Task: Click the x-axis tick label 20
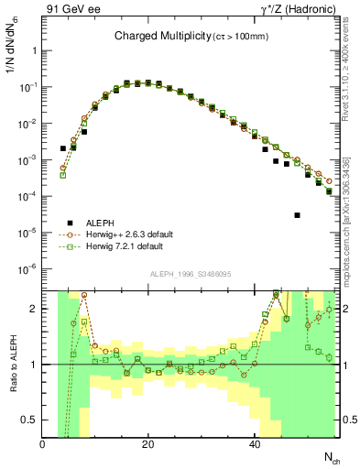[x=148, y=443]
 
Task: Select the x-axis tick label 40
[x=255, y=443]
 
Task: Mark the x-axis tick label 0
[x=43, y=443]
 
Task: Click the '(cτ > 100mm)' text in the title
[x=241, y=37]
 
